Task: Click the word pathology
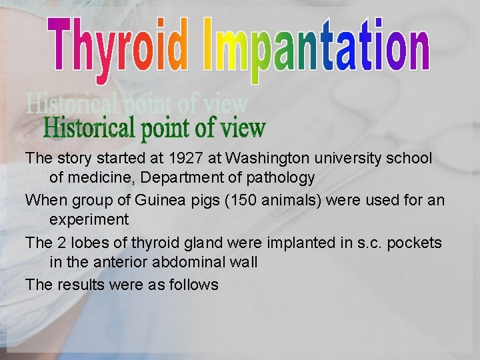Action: coord(280,178)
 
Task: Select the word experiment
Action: coord(88,220)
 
